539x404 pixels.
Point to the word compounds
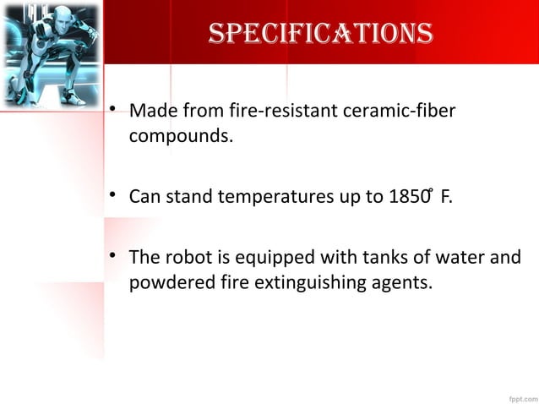pyautogui.click(x=180, y=135)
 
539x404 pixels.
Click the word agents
pyautogui.click(x=403, y=281)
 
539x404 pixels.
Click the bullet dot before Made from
pyautogui.click(x=112, y=112)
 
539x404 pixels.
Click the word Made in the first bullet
pyautogui.click(x=150, y=112)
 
